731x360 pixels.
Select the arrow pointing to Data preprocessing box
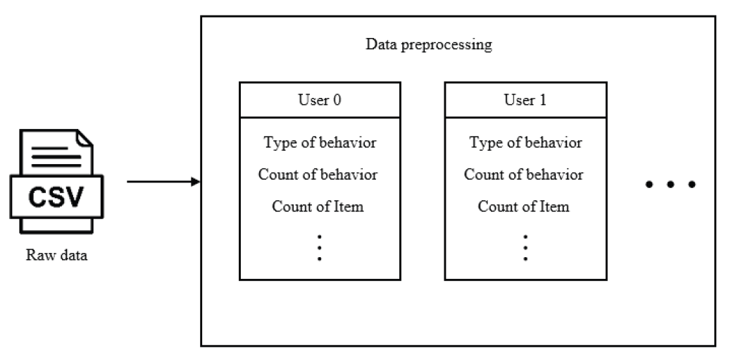point(163,182)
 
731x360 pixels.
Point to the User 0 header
point(320,99)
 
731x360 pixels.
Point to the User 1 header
point(525,99)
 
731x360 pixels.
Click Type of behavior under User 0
point(320,143)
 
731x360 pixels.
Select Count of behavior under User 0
point(318,175)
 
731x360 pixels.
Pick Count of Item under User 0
point(318,206)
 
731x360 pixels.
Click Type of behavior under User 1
point(525,143)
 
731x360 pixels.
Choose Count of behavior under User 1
point(523,175)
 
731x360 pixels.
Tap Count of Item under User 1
point(523,206)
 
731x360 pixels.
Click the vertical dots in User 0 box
point(319,247)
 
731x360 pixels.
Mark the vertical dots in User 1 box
point(525,247)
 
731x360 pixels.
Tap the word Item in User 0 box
point(351,206)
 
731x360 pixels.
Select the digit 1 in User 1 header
point(542,99)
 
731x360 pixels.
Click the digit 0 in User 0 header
point(337,99)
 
